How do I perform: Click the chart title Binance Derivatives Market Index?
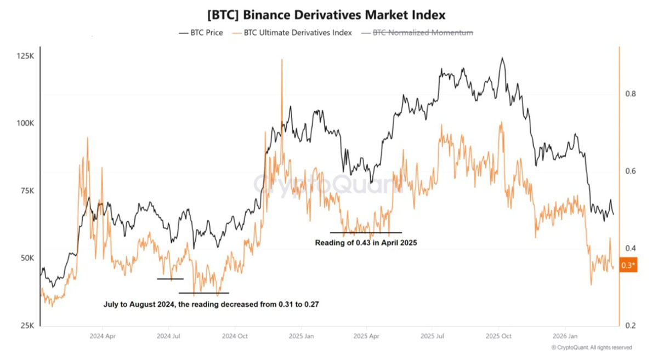tap(326, 15)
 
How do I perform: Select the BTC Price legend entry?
tap(201, 32)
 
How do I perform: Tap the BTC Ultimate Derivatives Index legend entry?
tap(292, 32)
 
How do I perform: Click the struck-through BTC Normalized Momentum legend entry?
tap(417, 32)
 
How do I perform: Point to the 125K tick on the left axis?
tap(26, 56)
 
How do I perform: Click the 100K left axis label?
tap(26, 123)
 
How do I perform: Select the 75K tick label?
tap(27, 191)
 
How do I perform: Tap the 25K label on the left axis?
tap(27, 325)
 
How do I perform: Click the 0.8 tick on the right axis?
tap(631, 94)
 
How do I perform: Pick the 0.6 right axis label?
tap(631, 171)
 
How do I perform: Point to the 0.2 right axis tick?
tap(631, 325)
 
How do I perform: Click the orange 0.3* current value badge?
tap(628, 265)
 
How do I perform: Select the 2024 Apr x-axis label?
tap(103, 336)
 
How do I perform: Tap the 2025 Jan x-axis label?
tap(301, 336)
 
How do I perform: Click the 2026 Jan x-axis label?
tap(565, 336)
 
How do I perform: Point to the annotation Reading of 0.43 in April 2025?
tap(366, 243)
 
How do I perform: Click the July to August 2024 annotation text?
tap(211, 304)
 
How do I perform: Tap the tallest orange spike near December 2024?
tap(282, 60)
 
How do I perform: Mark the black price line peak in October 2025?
tap(502, 58)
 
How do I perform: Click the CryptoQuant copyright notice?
tap(592, 347)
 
